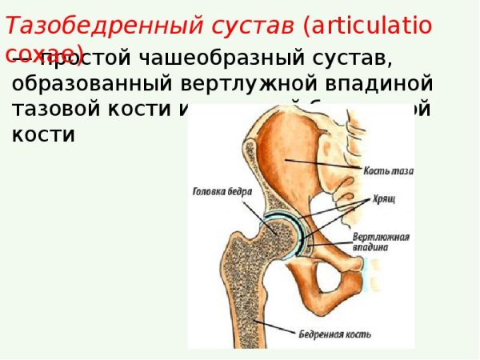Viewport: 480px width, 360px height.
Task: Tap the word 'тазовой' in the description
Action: tap(59, 109)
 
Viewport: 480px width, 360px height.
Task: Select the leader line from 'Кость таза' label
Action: tap(324, 164)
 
